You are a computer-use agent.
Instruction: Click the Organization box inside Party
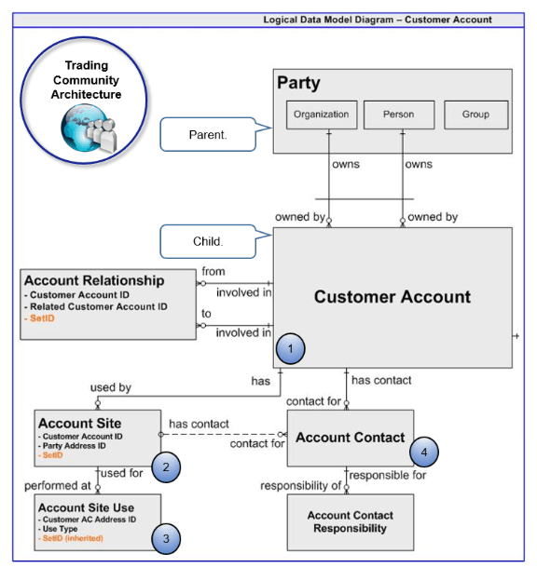pyautogui.click(x=321, y=115)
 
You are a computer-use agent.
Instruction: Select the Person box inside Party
pyautogui.click(x=398, y=115)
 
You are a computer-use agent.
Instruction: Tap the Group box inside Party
pyautogui.click(x=475, y=115)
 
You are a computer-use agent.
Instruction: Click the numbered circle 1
pyautogui.click(x=293, y=349)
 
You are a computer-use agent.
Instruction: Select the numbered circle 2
pyautogui.click(x=166, y=467)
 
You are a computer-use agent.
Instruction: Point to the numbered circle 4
pyautogui.click(x=424, y=453)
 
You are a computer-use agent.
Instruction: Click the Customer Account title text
pyautogui.click(x=392, y=297)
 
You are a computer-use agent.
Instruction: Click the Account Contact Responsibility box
pyautogui.click(x=350, y=521)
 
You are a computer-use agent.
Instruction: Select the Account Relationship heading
pyautogui.click(x=94, y=280)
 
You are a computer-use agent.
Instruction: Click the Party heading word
pyautogui.click(x=298, y=84)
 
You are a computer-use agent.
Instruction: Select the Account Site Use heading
pyautogui.click(x=86, y=507)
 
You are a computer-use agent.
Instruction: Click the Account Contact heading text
pyautogui.click(x=350, y=438)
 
